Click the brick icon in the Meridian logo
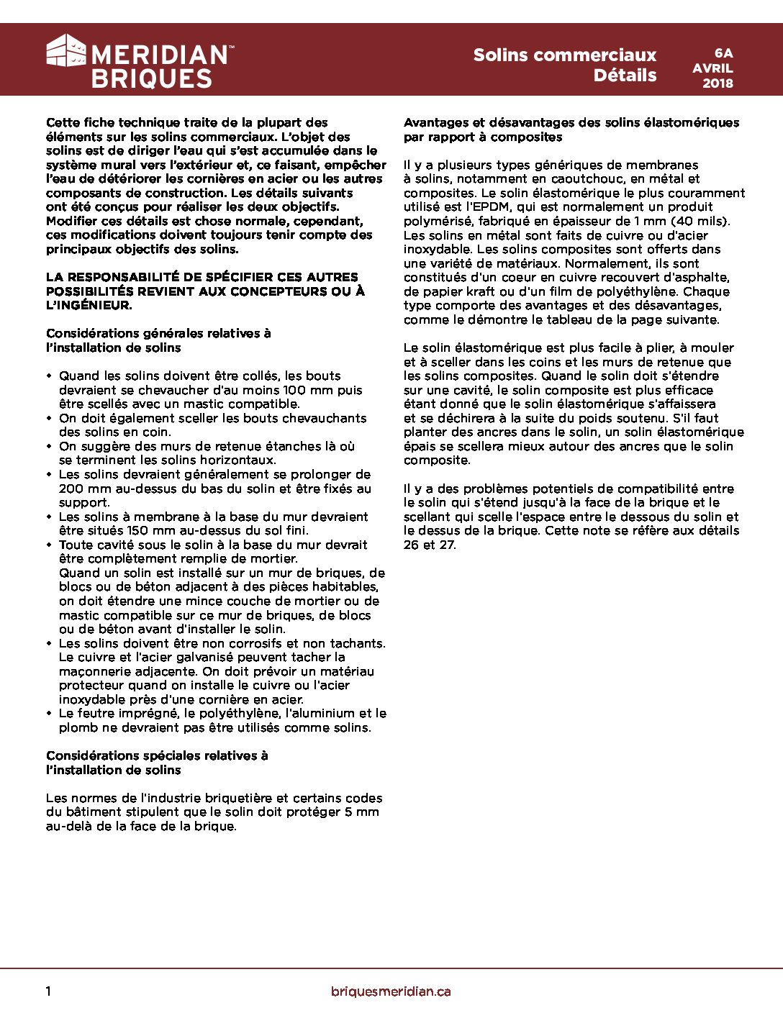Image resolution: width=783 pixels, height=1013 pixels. tap(66, 51)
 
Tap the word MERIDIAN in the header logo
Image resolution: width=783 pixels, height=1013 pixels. tap(159, 55)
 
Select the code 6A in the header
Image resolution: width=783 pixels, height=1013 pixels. tap(723, 53)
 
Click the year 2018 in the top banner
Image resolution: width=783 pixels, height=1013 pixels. tap(718, 83)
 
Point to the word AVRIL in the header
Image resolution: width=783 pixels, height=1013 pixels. tap(712, 68)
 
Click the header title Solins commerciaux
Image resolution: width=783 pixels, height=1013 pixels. tap(564, 55)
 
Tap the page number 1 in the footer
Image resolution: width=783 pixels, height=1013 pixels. tap(48, 991)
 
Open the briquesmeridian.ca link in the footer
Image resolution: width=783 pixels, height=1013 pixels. tap(391, 991)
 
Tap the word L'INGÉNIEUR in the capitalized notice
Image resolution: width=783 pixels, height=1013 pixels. tap(89, 305)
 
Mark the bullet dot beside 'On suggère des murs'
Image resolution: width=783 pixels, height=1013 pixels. tap(50, 446)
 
